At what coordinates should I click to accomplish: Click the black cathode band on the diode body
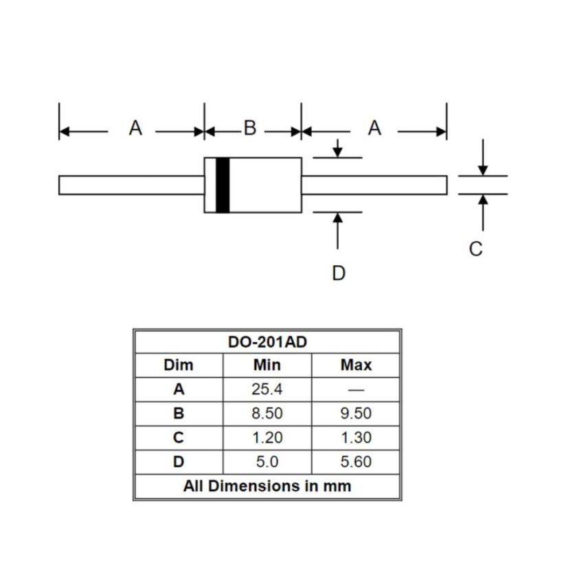tap(223, 185)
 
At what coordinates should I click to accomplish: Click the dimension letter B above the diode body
tap(250, 128)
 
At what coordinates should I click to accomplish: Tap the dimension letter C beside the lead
tap(475, 249)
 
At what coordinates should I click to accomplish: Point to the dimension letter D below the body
tap(339, 273)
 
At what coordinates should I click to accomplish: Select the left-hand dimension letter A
tap(135, 128)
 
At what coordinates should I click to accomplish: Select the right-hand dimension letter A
tap(374, 128)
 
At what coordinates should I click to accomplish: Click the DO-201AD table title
tap(267, 341)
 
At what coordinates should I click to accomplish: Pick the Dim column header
tap(179, 365)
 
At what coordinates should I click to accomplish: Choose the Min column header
tap(267, 365)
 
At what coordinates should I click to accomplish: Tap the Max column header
tap(356, 365)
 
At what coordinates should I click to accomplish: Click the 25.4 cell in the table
tap(267, 389)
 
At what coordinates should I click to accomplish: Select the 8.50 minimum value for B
tap(267, 414)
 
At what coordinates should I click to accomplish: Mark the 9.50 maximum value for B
tap(356, 414)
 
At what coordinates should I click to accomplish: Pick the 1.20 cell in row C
tap(267, 438)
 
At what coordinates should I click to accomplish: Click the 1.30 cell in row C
tap(356, 438)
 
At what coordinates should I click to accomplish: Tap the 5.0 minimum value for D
tap(267, 462)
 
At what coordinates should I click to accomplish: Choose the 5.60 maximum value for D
tap(356, 462)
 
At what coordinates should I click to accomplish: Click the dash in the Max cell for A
tap(356, 390)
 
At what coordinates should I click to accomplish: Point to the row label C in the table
tap(179, 438)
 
